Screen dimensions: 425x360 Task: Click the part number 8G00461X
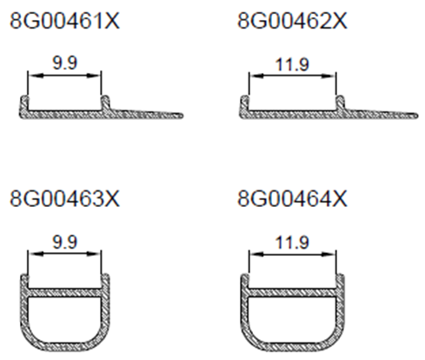pos(64,21)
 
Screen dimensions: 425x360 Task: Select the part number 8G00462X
pos(292,21)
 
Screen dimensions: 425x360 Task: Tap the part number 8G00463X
pos(64,198)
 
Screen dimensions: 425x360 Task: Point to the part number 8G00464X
pos(292,198)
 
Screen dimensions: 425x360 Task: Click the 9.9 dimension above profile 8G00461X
pos(65,63)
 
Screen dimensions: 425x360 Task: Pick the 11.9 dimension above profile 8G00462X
pos(292,64)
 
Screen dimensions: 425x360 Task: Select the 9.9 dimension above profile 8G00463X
pos(65,242)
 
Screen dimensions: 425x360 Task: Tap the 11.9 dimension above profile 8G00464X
pos(292,243)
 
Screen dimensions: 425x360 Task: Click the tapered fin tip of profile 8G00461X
pos(182,115)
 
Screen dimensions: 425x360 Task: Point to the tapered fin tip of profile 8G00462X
pos(415,116)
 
